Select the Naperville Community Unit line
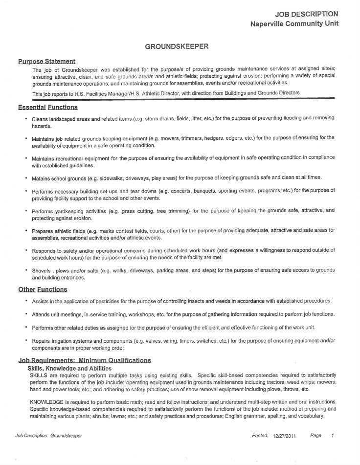coord(293,23)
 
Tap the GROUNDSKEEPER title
coord(177,47)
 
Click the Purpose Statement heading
coord(46,61)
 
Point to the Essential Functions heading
coord(47,107)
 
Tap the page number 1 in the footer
coord(332,435)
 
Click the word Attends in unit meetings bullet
coord(42,314)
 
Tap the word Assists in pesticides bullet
coord(41,301)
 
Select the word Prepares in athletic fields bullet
coord(43,230)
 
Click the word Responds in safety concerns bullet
coord(44,250)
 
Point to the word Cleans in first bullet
coord(41,119)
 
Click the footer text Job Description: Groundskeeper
coord(48,435)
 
